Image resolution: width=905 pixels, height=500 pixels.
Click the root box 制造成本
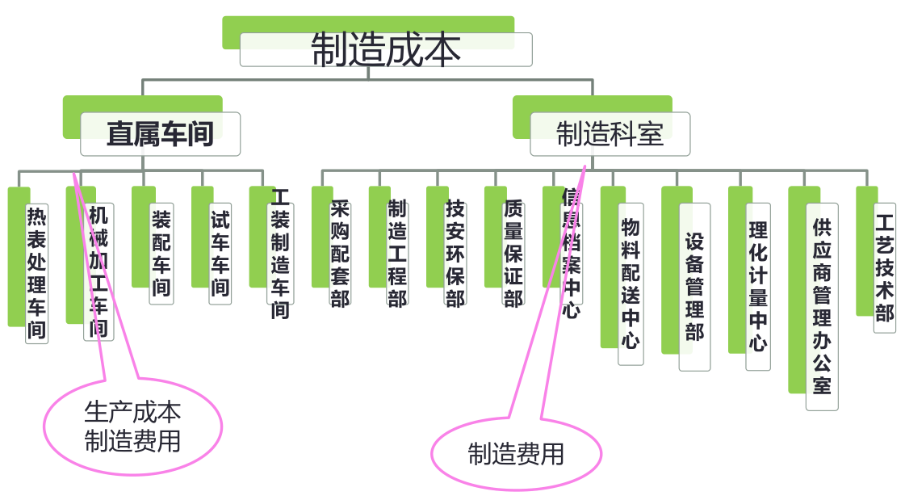(386, 49)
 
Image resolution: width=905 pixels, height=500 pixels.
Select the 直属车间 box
(161, 133)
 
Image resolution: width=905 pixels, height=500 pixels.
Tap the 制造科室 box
(610, 133)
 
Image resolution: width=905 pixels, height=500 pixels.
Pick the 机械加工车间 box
(98, 271)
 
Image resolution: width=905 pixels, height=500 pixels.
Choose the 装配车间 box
(161, 253)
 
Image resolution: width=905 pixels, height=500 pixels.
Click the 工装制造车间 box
(280, 254)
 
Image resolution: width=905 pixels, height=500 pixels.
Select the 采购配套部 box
(340, 254)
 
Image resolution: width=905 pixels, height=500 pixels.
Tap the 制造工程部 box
(397, 254)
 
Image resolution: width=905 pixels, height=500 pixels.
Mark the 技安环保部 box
(455, 254)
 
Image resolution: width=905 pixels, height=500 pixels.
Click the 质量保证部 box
(513, 254)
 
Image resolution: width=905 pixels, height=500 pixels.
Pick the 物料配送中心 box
(631, 283)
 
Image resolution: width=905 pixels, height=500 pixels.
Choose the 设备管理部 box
(694, 286)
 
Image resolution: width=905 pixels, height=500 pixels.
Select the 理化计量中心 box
(757, 286)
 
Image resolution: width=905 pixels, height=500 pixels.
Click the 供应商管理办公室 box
(822, 306)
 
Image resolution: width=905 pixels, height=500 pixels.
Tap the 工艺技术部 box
(885, 267)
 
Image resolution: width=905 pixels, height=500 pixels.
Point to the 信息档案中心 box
(572, 254)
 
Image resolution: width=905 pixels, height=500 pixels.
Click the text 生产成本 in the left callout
(132, 413)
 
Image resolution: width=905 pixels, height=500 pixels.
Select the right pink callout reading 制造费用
(516, 455)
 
